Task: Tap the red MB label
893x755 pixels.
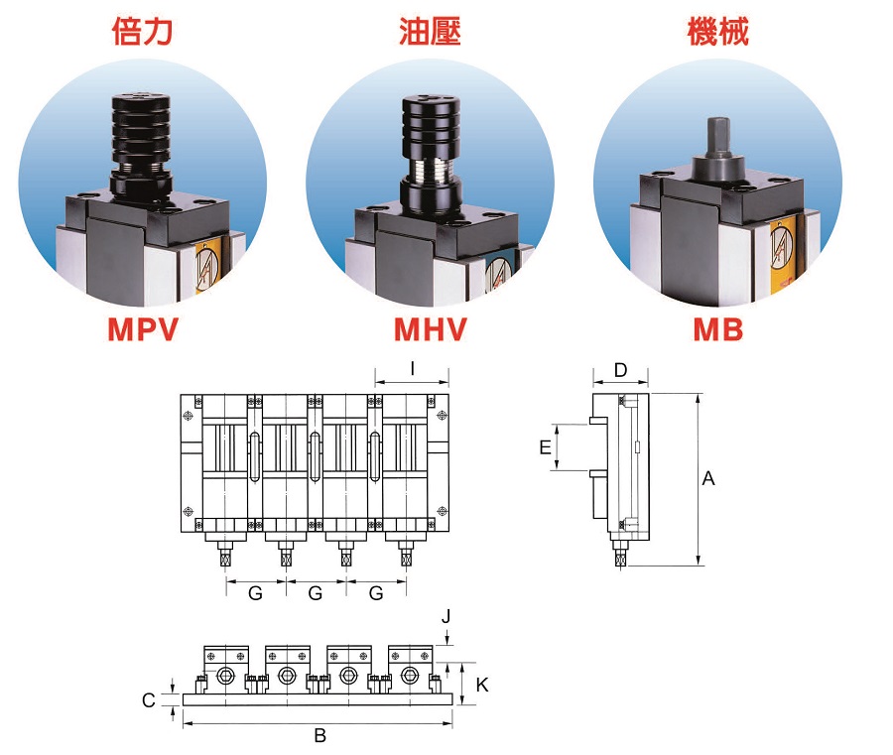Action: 717,328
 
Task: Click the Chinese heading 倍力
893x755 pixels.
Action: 142,32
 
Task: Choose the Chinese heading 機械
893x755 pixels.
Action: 717,32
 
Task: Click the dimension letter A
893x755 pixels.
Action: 708,479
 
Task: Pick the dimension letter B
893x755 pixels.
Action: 319,735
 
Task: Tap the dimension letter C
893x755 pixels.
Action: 149,700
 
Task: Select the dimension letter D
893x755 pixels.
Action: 620,370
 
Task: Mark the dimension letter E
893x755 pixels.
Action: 545,447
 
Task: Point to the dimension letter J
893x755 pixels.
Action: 446,616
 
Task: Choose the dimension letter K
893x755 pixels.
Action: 481,684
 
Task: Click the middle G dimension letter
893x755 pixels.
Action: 316,593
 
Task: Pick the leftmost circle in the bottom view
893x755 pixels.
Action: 225,676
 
